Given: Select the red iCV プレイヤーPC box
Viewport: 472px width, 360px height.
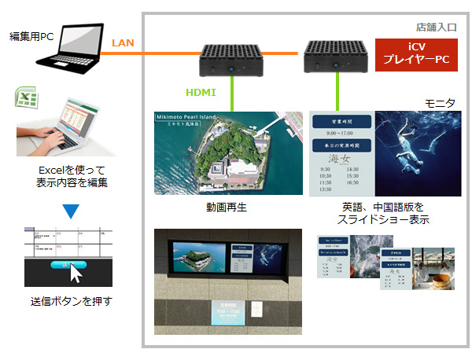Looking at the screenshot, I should tap(415, 54).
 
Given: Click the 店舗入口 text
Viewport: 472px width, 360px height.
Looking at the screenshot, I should tap(437, 26).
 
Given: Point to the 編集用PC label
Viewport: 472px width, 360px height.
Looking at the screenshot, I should tap(31, 37).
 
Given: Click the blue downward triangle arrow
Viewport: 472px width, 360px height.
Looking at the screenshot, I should tap(71, 211).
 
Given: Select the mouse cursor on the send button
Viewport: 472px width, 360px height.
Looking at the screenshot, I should tap(76, 274).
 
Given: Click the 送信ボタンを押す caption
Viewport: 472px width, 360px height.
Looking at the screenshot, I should tap(71, 301).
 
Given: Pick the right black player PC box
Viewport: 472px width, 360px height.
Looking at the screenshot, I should tap(336, 57).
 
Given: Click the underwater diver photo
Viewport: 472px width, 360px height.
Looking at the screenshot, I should tap(418, 152).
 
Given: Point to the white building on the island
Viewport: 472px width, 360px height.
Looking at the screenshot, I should tap(228, 167).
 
